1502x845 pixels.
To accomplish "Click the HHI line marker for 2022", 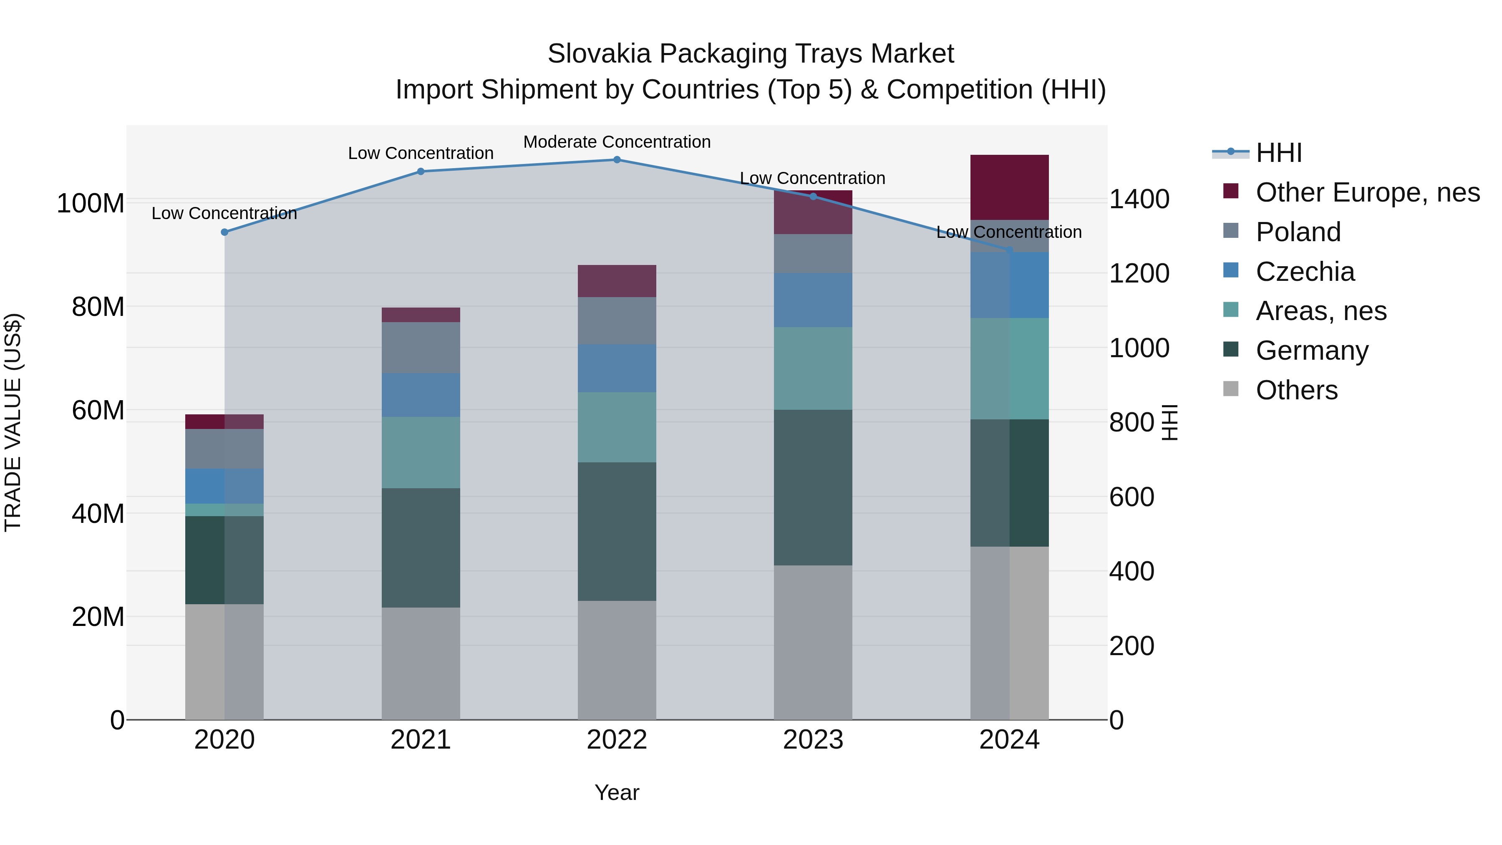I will [x=617, y=159].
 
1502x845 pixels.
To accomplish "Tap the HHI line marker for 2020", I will [x=224, y=232].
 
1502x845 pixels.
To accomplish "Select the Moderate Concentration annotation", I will [x=617, y=142].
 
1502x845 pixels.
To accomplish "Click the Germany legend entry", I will [x=1312, y=351].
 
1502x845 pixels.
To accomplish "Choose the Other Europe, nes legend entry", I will [x=1367, y=192].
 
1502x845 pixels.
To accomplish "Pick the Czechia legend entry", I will [x=1305, y=272].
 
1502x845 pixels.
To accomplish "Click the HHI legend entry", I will [x=1279, y=153].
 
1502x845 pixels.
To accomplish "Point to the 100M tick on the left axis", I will [x=91, y=204].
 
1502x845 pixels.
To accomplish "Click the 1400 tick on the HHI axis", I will [x=1139, y=199].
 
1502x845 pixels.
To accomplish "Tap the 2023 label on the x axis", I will [x=813, y=740].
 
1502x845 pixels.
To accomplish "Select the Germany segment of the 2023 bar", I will [x=813, y=487].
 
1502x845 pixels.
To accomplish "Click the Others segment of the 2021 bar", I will [x=421, y=663].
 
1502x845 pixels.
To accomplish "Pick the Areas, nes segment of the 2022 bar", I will [x=617, y=427].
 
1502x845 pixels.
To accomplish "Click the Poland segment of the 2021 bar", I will [x=421, y=348].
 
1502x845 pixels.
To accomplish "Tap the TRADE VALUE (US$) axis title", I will [x=13, y=422].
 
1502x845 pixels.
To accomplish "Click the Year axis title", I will [x=617, y=792].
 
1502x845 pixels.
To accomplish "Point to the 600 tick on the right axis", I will [x=1131, y=497].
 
